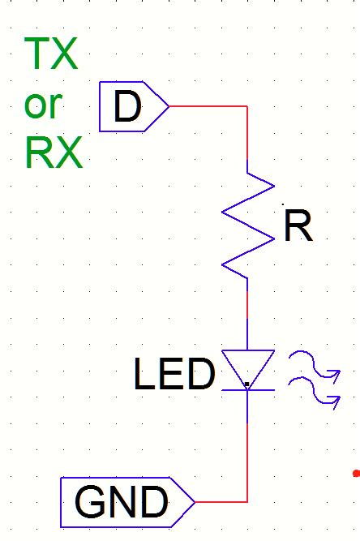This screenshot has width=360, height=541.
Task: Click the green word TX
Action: coord(52,54)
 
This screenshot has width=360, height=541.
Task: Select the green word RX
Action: coord(54,152)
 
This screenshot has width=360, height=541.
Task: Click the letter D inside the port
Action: coord(127,106)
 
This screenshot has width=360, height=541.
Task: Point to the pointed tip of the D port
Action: coord(169,106)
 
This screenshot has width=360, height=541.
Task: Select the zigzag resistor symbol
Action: coord(247,226)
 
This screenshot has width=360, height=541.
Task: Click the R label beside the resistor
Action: coord(298,228)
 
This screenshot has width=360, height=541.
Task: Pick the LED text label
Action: coord(174,376)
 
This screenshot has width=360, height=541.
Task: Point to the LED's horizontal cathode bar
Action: coord(247,390)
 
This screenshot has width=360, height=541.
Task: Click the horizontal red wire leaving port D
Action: coord(207,106)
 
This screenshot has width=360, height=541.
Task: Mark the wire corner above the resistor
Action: coord(247,106)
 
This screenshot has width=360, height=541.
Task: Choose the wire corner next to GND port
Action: coord(247,502)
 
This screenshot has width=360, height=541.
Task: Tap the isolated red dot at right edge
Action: coord(356,472)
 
